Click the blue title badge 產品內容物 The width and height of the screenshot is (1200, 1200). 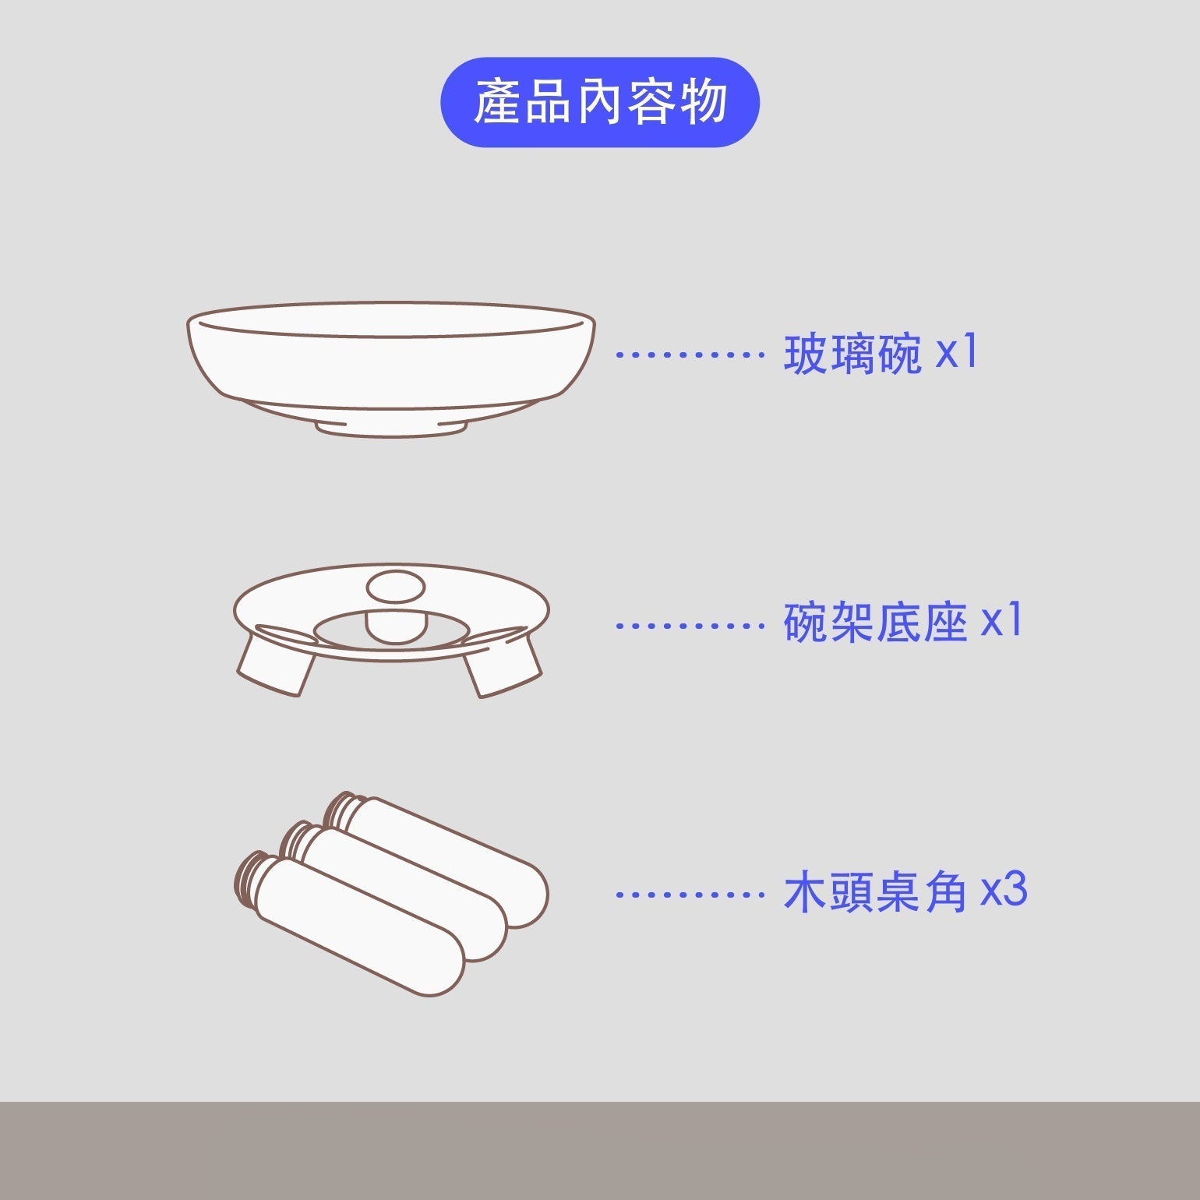coord(600,102)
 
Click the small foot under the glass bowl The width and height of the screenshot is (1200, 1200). coord(391,429)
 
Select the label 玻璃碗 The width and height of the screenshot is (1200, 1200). coord(852,354)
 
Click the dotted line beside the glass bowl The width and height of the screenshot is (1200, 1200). coord(690,355)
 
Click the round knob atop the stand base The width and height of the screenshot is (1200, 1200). coord(396,588)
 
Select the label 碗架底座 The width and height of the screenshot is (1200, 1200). coord(875,623)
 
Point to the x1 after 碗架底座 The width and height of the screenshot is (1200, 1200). coord(1001,620)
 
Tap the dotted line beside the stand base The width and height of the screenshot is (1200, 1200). coord(690,625)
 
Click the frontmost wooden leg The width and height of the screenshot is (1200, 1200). coord(351,923)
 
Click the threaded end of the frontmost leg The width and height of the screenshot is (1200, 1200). coord(252,877)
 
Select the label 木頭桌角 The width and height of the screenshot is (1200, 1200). coord(875,893)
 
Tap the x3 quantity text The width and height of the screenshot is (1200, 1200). coord(1004,891)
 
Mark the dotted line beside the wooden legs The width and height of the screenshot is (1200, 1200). coord(690,895)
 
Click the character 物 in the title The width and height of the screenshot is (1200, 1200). coord(704,102)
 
